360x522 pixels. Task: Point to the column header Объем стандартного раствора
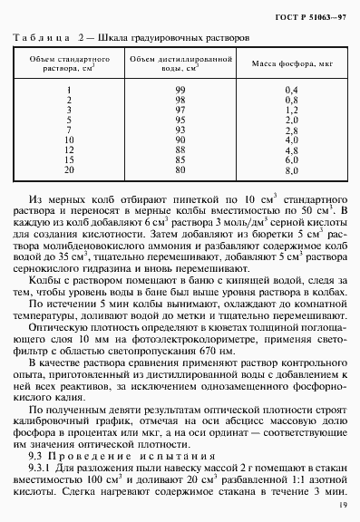pyautogui.click(x=70, y=65)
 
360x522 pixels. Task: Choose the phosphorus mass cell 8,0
pyautogui.click(x=292, y=169)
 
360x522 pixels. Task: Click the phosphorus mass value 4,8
pyautogui.click(x=292, y=150)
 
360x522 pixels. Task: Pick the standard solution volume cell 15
pyautogui.click(x=70, y=159)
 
